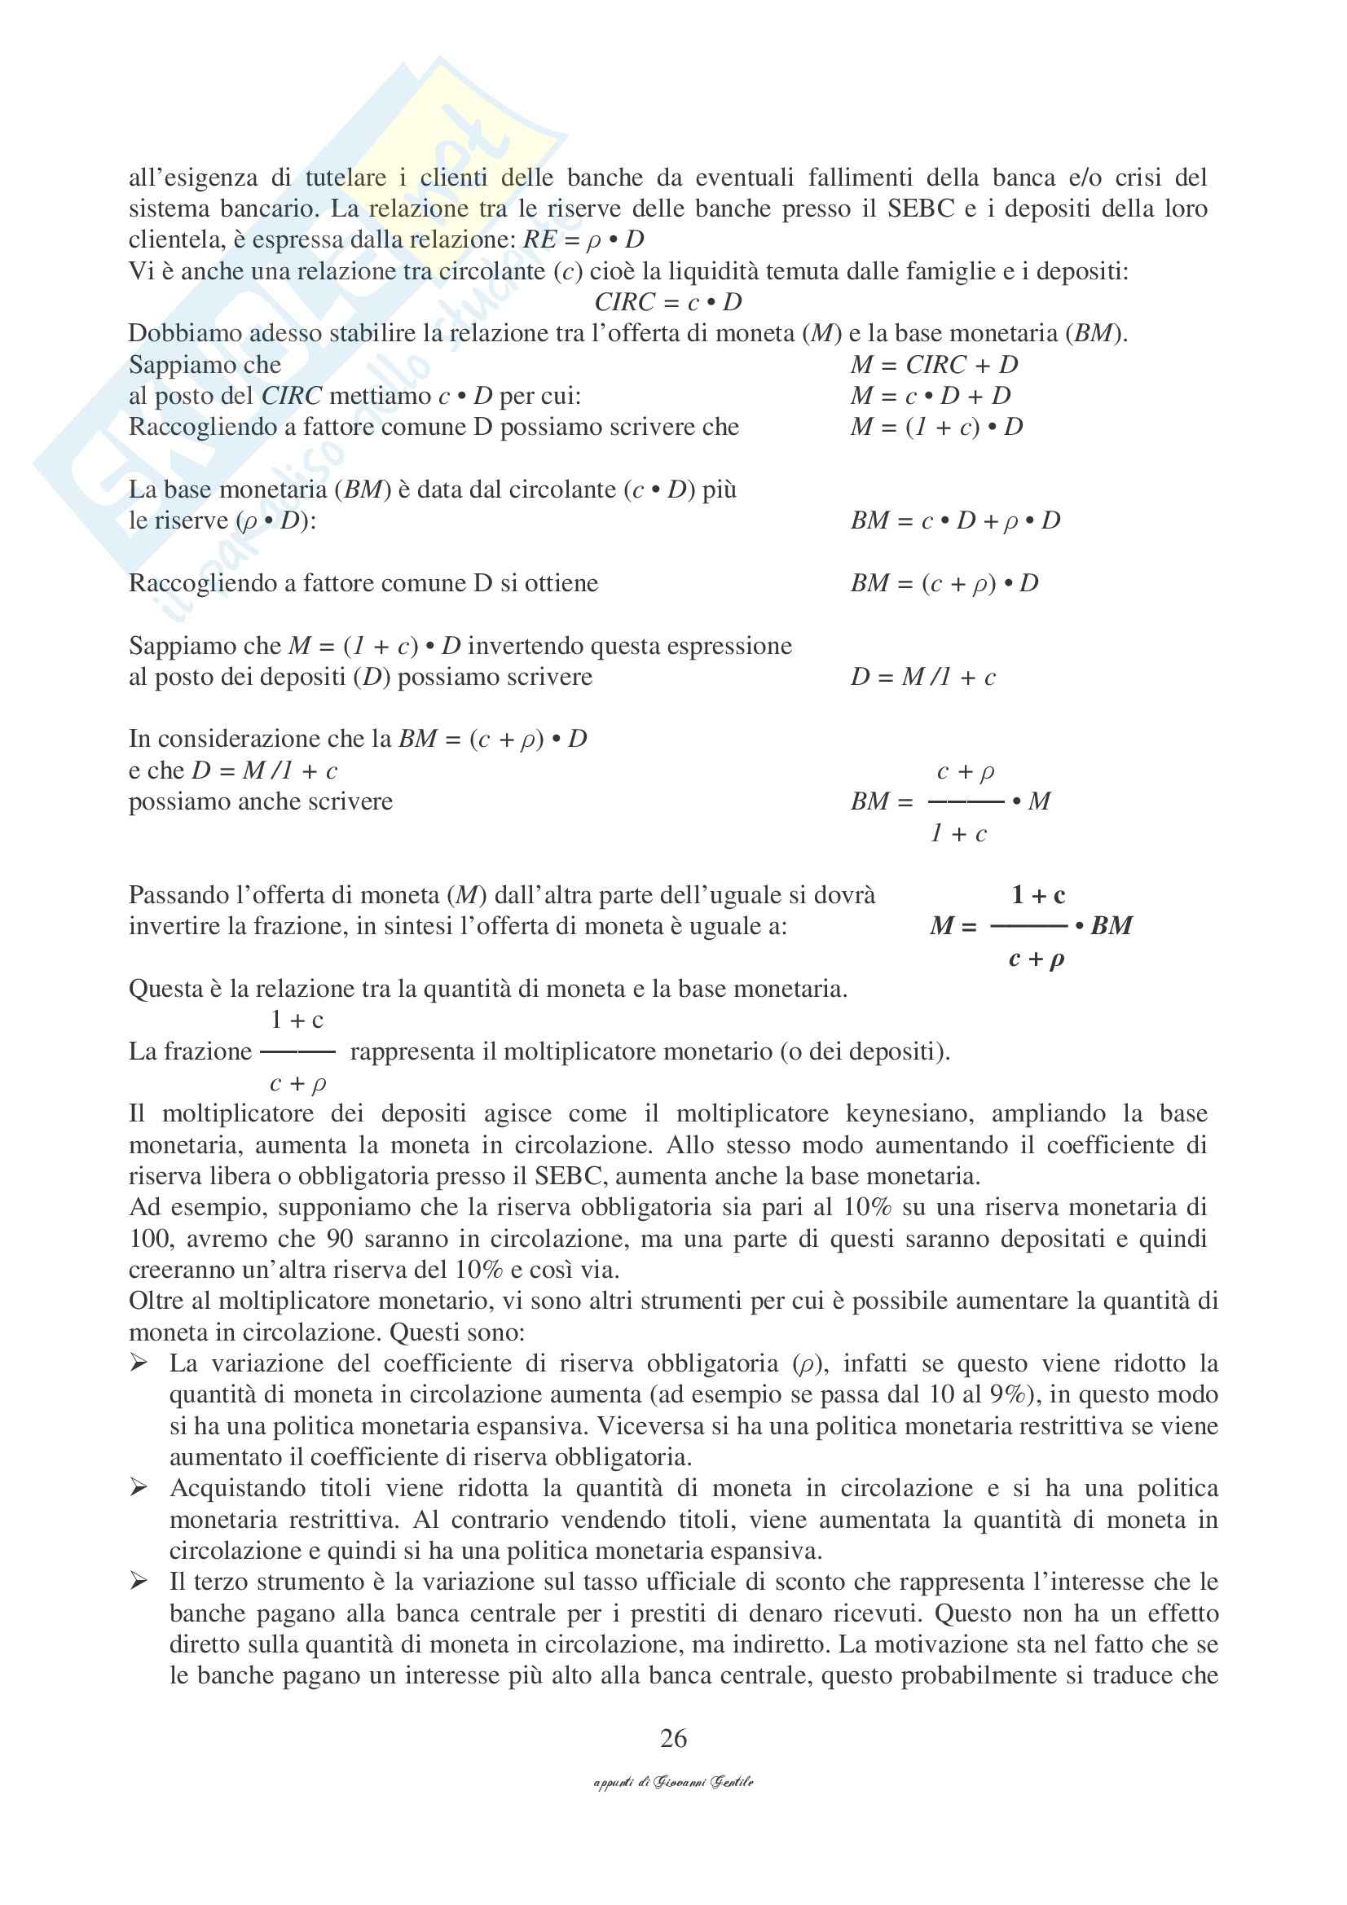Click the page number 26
673,1737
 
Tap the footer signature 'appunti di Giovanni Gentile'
673,1781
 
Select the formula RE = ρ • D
583,239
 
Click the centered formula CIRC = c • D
668,302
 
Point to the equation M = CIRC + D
934,365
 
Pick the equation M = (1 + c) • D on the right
936,428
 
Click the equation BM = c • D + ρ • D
955,521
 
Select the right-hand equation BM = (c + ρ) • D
944,583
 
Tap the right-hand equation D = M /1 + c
923,677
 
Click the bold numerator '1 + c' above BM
1037,895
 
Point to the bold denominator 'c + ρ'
1036,959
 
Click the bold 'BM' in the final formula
1111,926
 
